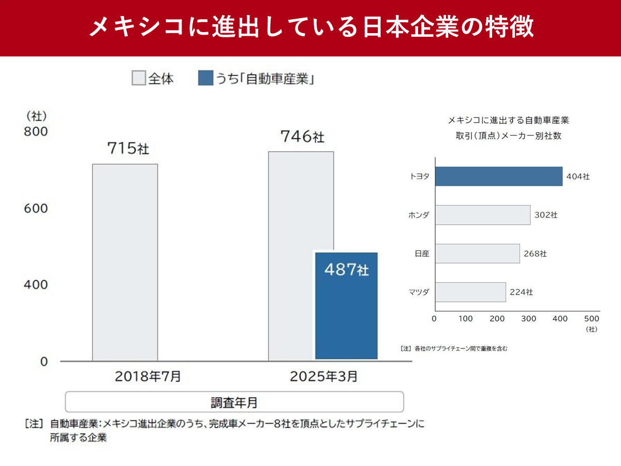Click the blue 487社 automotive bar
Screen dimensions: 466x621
click(x=346, y=305)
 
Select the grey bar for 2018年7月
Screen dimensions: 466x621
click(x=125, y=262)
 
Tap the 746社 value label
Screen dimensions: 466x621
click(x=302, y=137)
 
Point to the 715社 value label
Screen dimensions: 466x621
click(x=128, y=149)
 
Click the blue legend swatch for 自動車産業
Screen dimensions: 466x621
click(x=205, y=79)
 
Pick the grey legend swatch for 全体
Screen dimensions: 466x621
click(x=139, y=79)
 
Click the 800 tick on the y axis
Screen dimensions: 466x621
click(x=36, y=132)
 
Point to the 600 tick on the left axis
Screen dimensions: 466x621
click(x=36, y=208)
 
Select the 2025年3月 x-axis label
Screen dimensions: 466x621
click(x=323, y=376)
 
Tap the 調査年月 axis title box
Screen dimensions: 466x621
click(x=234, y=402)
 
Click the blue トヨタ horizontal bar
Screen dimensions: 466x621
click(x=498, y=176)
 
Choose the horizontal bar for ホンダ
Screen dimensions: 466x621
click(x=482, y=215)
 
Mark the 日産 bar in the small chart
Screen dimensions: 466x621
click(x=477, y=254)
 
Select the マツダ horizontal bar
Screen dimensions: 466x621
click(x=470, y=292)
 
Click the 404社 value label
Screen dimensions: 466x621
click(x=578, y=177)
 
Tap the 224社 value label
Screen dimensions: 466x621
click(x=521, y=293)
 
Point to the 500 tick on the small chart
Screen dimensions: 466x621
click(x=592, y=318)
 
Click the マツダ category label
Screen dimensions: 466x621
click(x=419, y=293)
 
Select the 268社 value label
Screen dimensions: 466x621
click(x=535, y=254)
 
